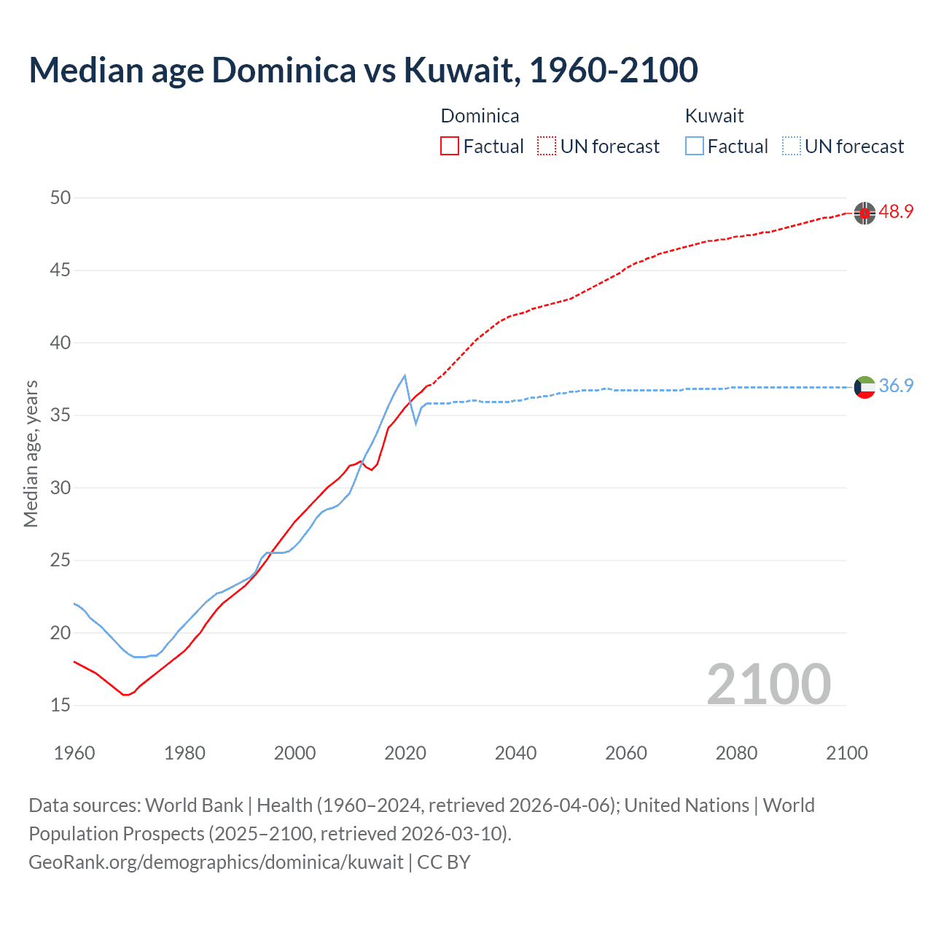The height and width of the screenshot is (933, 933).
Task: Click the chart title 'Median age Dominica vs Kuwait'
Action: point(363,70)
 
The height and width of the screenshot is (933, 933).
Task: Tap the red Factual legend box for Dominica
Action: point(450,146)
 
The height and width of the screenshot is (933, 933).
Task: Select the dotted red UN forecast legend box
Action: point(547,146)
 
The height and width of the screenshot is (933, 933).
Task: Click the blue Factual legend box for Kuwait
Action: point(695,146)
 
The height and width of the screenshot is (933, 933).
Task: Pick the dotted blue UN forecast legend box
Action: point(792,146)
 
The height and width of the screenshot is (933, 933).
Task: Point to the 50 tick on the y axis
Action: point(60,198)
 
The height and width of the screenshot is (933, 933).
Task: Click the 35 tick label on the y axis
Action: point(60,415)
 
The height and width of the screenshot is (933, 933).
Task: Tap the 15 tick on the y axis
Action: point(60,706)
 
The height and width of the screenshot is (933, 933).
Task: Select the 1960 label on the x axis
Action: point(74,753)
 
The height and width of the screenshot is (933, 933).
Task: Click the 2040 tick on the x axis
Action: point(515,753)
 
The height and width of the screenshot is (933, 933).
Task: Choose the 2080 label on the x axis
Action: point(736,753)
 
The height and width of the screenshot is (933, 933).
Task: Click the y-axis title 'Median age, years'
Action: point(31,453)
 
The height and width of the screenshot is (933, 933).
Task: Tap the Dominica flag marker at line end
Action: point(864,213)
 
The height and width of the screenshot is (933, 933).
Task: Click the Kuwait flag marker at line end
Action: point(864,387)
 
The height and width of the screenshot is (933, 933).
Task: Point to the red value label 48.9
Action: point(896,212)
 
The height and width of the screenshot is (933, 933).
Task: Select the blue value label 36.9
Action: point(896,386)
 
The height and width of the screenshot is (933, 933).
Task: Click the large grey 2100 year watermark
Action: point(768,684)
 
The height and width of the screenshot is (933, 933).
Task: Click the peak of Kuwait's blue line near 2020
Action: point(405,375)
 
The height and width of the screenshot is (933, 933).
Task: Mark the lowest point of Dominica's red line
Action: point(125,695)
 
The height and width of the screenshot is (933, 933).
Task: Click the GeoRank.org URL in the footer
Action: point(216,862)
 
